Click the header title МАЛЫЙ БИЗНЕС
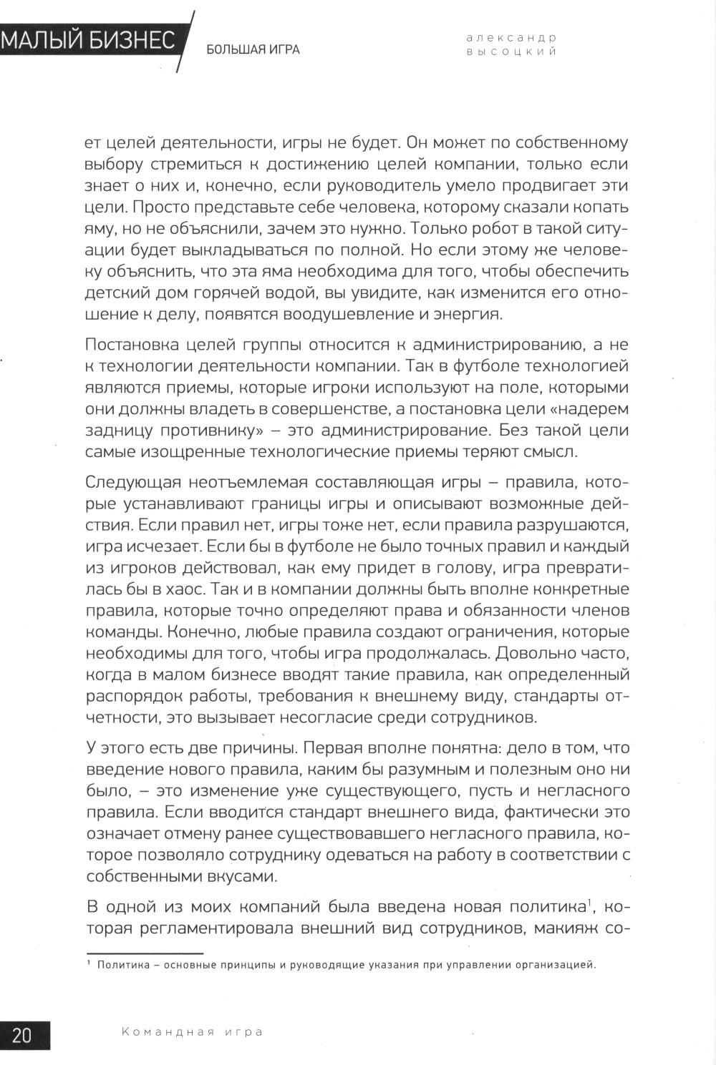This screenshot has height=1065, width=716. click(88, 41)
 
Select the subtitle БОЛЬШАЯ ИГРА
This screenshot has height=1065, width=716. click(253, 50)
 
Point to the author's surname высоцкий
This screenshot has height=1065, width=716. click(511, 51)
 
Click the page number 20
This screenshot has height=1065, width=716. click(22, 1035)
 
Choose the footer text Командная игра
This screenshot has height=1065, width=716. click(193, 1031)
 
